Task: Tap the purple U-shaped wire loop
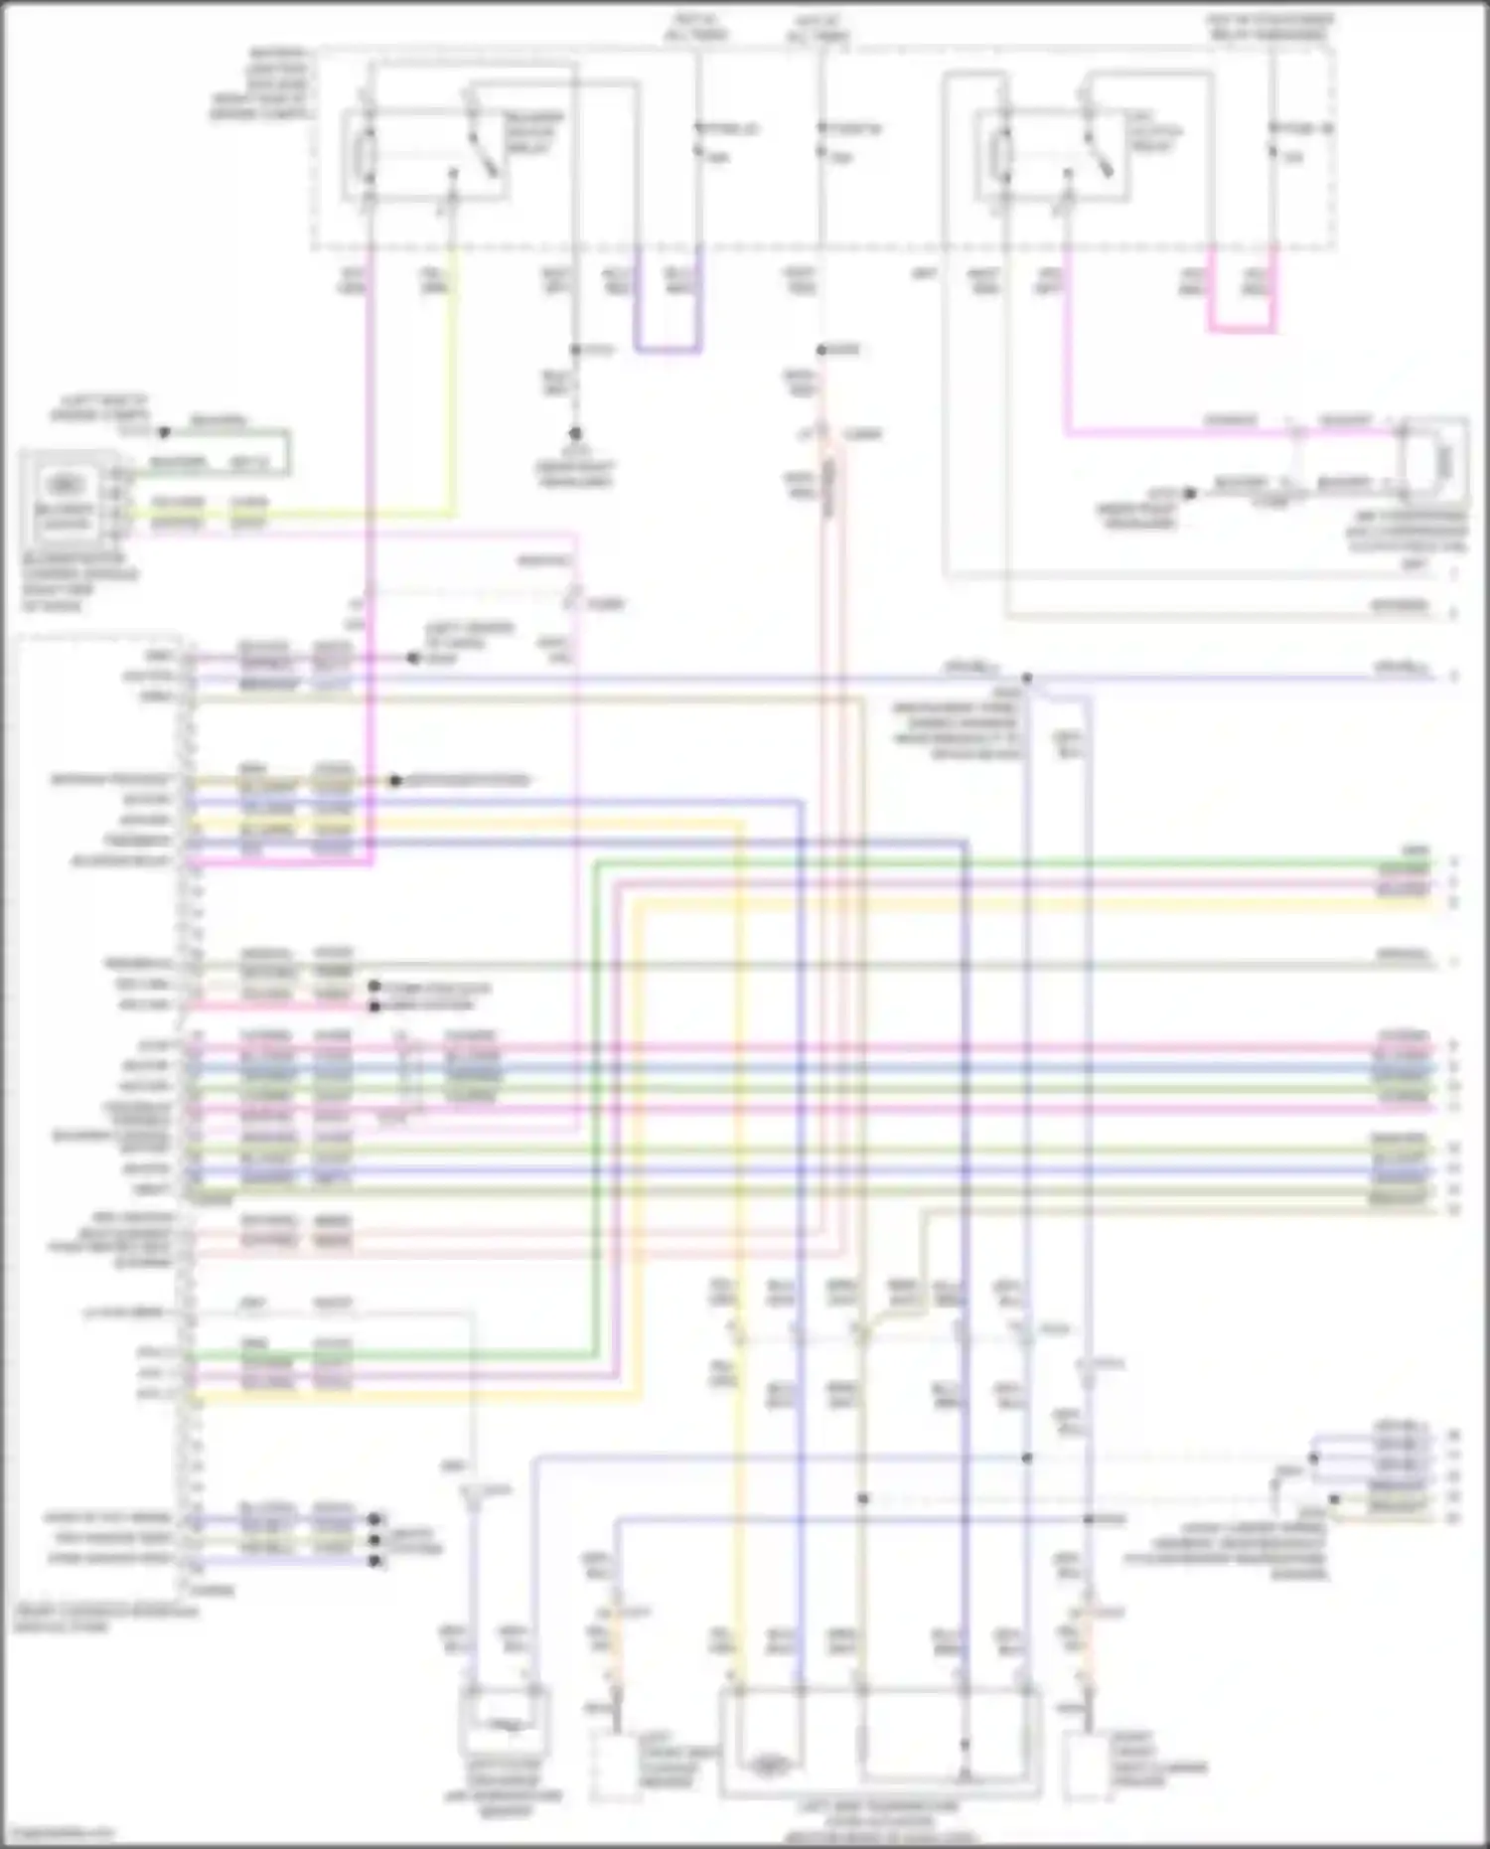(x=668, y=348)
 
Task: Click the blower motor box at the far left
(x=64, y=497)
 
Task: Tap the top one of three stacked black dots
(x=375, y=1519)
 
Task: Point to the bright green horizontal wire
(x=993, y=863)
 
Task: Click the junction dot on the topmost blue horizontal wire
(x=1027, y=679)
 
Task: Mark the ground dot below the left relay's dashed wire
(x=574, y=434)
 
